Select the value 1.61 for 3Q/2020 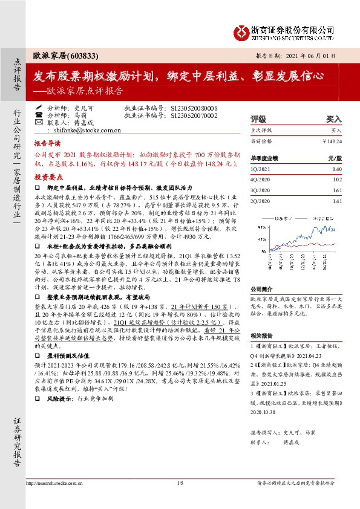[x=336, y=190]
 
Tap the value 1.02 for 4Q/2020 [x=336, y=180]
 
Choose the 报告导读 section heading [x=47, y=145]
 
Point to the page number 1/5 [x=180, y=499]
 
